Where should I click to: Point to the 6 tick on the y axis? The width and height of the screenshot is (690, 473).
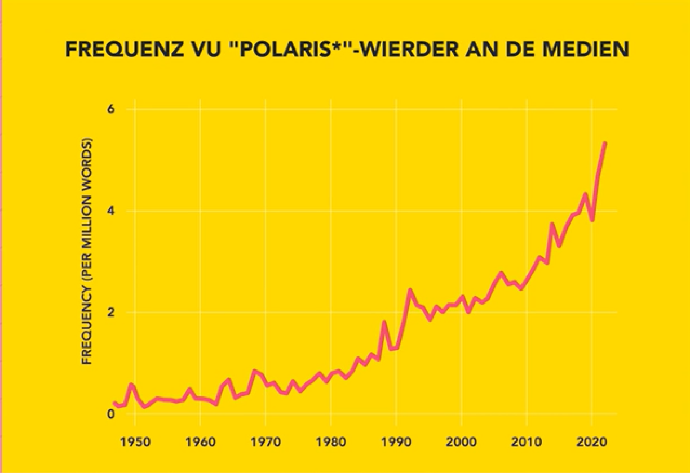pos(111,109)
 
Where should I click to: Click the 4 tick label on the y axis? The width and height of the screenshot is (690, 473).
pos(111,211)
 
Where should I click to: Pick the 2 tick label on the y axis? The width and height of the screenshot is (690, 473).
pos(111,313)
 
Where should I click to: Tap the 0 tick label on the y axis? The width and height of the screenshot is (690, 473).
pos(111,414)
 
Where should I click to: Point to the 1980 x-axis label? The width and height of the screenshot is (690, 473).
pos(330,439)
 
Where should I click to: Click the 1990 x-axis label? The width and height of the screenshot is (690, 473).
pos(396,439)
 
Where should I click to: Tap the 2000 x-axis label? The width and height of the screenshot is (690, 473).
pos(461,439)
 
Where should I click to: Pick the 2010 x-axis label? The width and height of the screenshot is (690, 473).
pos(527,439)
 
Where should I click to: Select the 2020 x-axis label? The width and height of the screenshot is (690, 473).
pos(592,439)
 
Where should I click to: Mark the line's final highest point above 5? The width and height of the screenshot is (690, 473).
pos(604,144)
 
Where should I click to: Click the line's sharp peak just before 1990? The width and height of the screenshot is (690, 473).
pos(383,322)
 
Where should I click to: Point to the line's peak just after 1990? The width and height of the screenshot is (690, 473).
pos(410,291)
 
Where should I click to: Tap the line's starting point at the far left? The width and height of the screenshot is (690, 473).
pos(114,403)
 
